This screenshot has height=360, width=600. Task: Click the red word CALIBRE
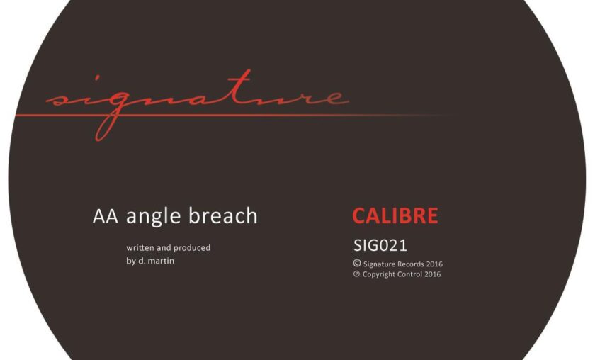tap(395, 215)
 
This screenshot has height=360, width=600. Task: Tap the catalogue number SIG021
tap(380, 245)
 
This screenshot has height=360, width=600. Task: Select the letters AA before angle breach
tap(106, 216)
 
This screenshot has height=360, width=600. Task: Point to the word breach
tap(223, 215)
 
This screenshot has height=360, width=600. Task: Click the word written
tap(140, 248)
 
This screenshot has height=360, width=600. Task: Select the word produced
tap(192, 248)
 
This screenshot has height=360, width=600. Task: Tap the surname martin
tap(162, 261)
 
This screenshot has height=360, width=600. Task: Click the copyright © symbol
tap(357, 264)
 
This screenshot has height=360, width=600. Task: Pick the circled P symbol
tap(356, 274)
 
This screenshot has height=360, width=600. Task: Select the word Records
tap(411, 264)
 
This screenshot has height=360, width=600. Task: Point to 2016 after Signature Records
tap(434, 264)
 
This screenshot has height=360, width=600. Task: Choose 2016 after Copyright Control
tap(432, 274)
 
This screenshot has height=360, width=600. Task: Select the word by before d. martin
tap(131, 261)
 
